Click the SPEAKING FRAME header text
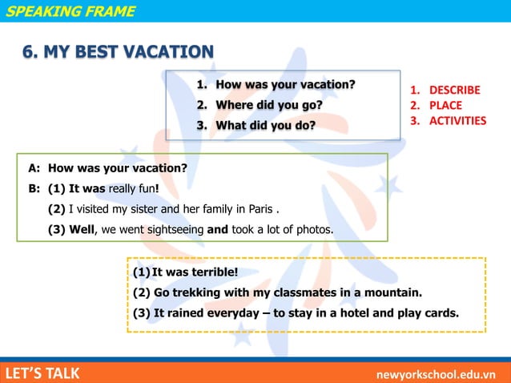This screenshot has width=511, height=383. tap(70, 11)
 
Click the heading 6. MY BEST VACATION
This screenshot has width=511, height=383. tap(118, 53)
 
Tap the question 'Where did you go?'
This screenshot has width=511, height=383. tap(269, 105)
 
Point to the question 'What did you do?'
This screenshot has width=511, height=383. tap(265, 126)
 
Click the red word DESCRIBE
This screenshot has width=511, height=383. tap(454, 90)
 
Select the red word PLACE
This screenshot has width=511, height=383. tap(445, 105)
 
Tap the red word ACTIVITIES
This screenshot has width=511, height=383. tap(457, 121)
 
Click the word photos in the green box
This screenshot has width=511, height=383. tap(312, 230)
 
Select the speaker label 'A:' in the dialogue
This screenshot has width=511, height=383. tap(34, 168)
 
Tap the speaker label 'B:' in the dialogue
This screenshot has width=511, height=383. tap(34, 189)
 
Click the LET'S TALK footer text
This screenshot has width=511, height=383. tap(42, 373)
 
